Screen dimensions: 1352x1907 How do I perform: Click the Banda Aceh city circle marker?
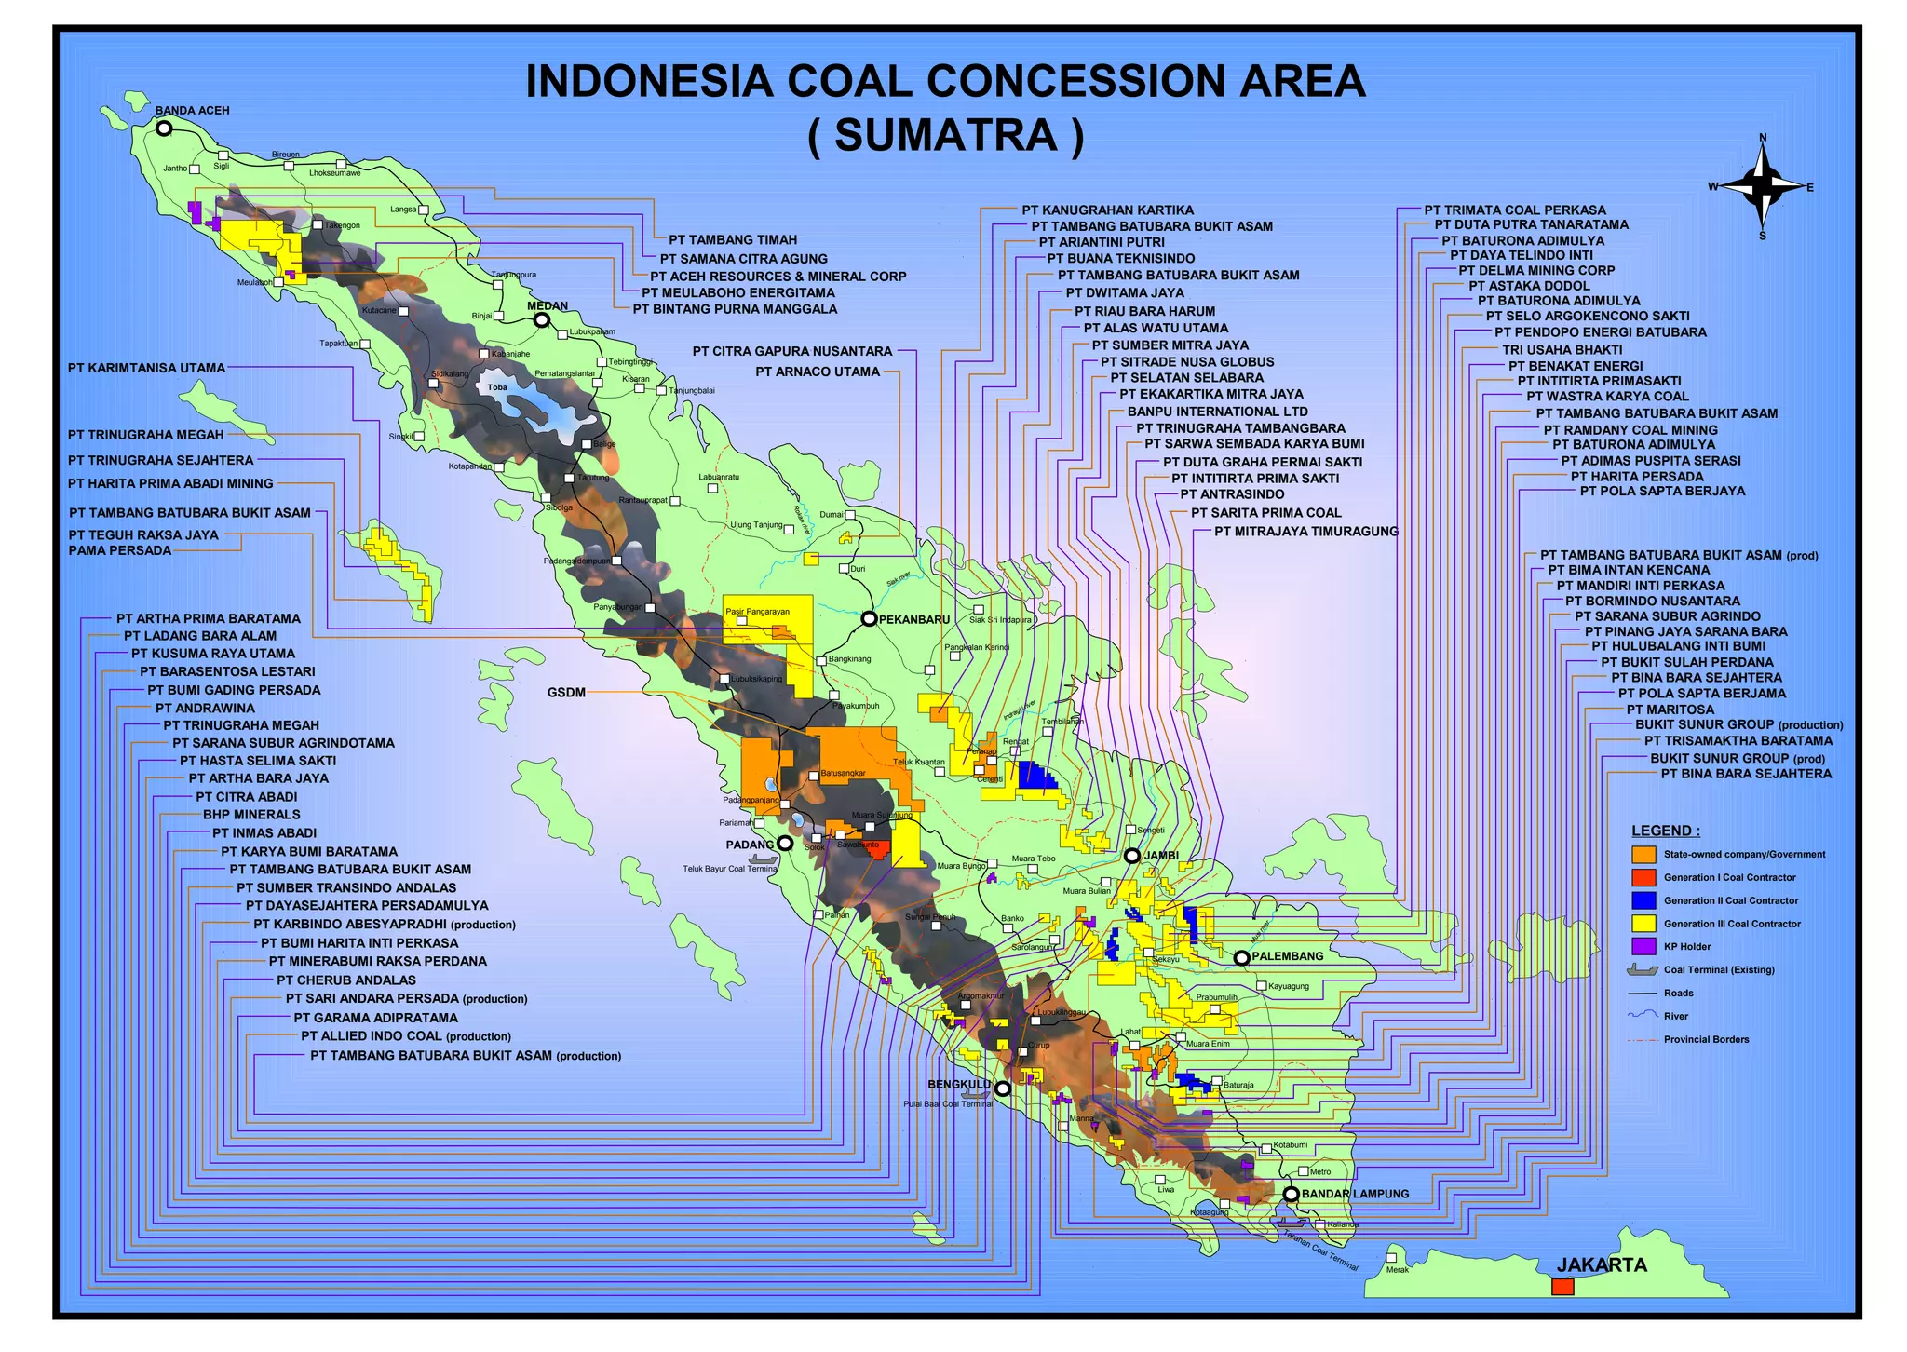(164, 128)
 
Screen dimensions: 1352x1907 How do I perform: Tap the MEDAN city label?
(548, 305)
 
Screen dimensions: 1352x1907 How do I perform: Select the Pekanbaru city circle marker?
(869, 618)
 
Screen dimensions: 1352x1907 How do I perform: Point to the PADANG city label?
(750, 845)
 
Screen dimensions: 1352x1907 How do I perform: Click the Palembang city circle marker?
(1241, 957)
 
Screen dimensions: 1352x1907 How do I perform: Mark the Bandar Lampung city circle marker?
(1291, 1194)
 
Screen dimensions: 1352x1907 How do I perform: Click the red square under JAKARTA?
(1562, 1287)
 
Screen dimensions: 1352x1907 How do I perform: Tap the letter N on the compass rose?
(1763, 138)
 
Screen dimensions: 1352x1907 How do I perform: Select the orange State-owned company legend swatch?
(1643, 855)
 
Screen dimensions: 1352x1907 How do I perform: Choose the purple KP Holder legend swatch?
(1643, 946)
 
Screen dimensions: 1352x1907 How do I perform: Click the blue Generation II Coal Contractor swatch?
(1643, 900)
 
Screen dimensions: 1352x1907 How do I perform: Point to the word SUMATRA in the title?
(946, 135)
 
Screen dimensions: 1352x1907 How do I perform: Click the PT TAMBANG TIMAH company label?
(733, 240)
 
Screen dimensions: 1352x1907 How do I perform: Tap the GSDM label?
(566, 692)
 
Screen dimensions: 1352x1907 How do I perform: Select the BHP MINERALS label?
(251, 815)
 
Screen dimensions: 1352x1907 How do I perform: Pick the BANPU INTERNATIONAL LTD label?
(1217, 412)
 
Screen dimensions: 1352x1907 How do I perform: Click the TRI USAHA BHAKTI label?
(1562, 349)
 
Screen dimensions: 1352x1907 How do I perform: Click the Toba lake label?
(497, 387)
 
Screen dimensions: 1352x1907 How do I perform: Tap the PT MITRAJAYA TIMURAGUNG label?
(1305, 532)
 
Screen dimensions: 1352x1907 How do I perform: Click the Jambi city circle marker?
(1132, 856)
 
